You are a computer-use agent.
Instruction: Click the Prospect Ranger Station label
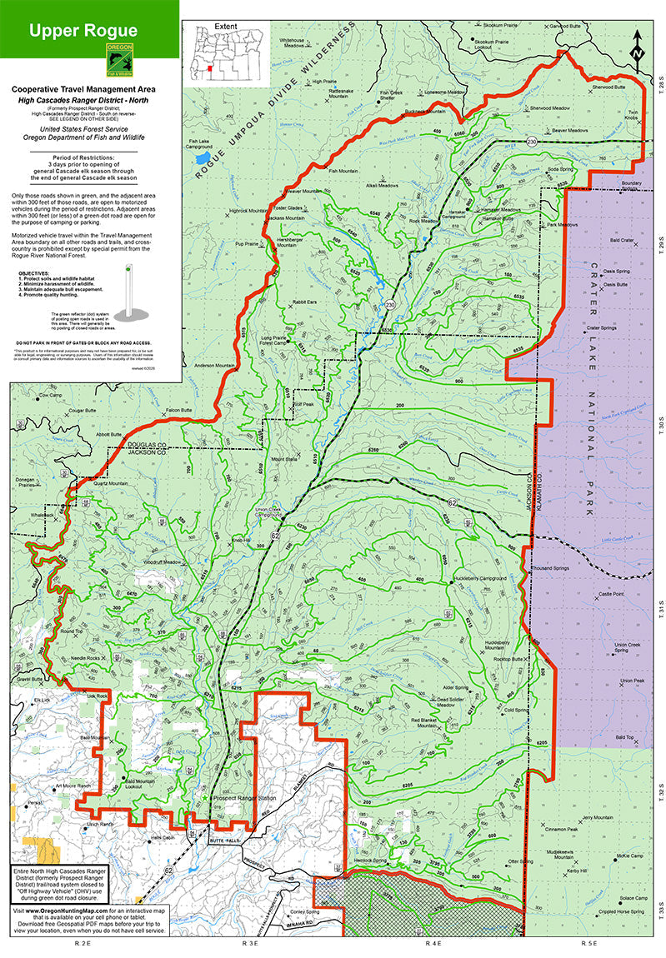(x=243, y=798)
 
